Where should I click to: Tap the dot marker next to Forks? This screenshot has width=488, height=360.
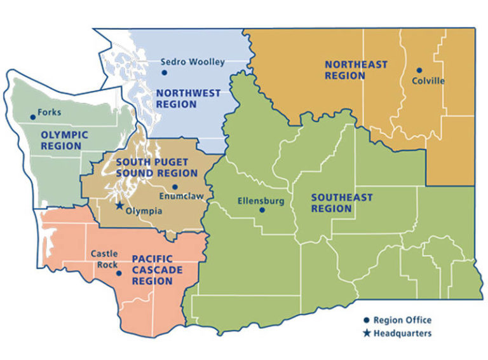point(33,116)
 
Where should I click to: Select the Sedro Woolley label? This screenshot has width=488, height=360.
point(193,62)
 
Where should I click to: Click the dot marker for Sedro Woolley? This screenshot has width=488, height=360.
point(165,73)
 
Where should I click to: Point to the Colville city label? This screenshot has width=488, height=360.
point(428,81)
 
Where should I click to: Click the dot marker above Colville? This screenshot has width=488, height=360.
point(419,70)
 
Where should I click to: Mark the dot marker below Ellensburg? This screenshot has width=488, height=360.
point(262,211)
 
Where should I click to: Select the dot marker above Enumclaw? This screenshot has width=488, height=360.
point(175,187)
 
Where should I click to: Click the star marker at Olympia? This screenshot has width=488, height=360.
point(118,205)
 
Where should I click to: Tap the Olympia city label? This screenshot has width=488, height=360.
point(143,211)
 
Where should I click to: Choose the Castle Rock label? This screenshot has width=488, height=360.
point(104,259)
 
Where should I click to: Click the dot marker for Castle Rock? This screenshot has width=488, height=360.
point(119,273)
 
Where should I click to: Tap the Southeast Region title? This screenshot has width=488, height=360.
point(341,203)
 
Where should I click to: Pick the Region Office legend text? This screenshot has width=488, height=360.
point(402,320)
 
